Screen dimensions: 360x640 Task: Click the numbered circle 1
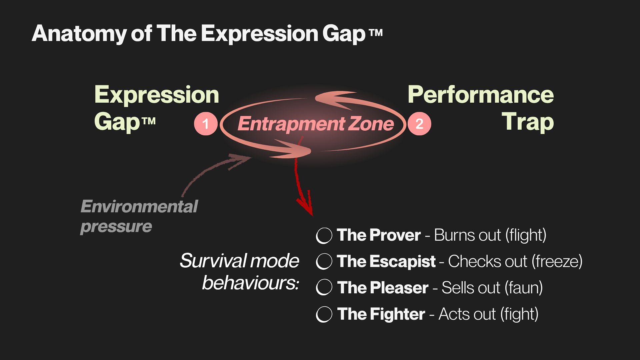[206, 124]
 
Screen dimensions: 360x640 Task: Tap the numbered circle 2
[419, 124]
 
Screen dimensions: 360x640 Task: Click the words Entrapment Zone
[316, 124]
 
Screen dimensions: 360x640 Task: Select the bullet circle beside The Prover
[324, 236]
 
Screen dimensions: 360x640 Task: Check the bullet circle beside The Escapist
[324, 261]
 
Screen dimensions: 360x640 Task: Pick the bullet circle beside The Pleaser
[324, 287]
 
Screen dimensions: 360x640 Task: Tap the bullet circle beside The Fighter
[324, 314]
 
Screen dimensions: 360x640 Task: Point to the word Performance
[481, 95]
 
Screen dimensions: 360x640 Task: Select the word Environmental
[139, 206]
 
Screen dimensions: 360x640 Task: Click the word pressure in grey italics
[116, 227]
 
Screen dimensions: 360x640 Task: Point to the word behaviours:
[250, 283]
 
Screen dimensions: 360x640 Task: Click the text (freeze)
[557, 261]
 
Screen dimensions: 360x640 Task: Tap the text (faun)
[524, 288]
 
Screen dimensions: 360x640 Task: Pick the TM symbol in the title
[376, 33]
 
